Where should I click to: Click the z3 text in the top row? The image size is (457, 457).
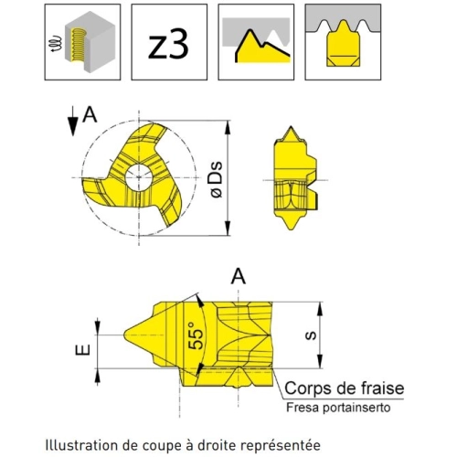point(168,46)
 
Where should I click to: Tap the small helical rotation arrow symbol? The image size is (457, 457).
point(56,44)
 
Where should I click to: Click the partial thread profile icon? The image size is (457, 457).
point(256,42)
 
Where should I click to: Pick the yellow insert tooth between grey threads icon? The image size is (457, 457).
point(343,42)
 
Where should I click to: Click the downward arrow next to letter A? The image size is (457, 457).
point(73,121)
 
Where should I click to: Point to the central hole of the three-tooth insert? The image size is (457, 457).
point(139,177)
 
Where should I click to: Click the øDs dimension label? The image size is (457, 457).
point(217,180)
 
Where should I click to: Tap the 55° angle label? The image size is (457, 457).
point(196,335)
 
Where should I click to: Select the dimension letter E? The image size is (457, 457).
point(82,350)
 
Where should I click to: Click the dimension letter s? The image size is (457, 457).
point(311,335)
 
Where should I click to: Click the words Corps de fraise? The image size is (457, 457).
point(345,388)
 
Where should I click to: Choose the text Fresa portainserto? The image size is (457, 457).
point(338,408)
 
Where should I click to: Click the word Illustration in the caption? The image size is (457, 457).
point(82,445)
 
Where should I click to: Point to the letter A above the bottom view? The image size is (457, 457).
point(239,277)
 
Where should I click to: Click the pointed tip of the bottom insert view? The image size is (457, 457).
point(124,335)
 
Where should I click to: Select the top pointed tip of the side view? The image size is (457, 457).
point(292,126)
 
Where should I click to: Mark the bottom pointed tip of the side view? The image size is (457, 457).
point(292,229)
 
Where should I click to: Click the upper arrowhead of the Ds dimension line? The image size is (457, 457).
point(228,127)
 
